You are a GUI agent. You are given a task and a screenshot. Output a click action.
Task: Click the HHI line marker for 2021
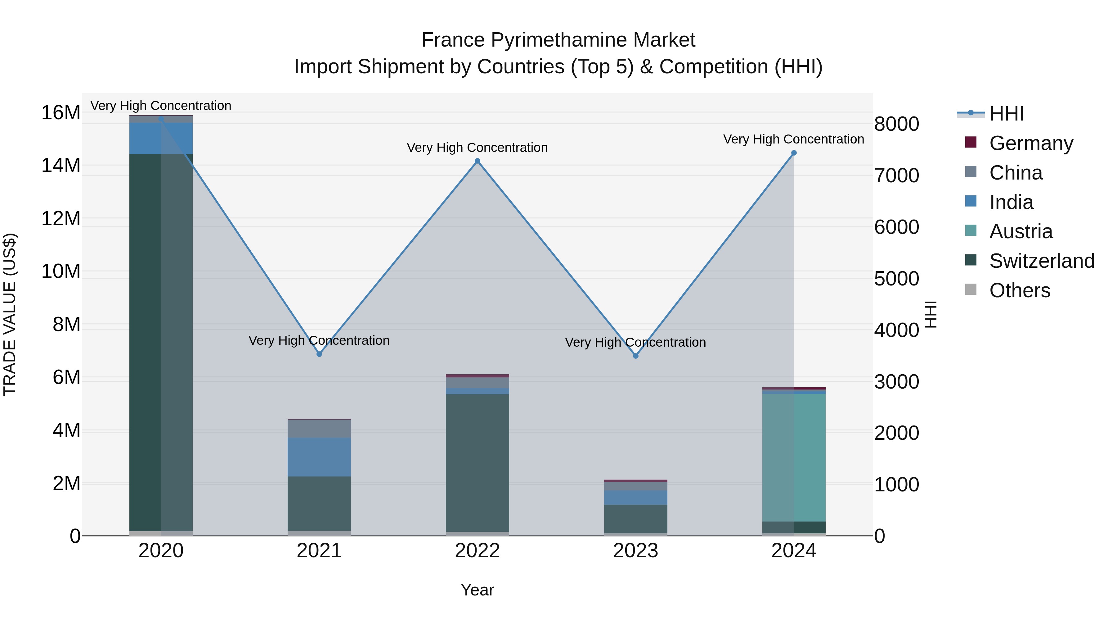(x=319, y=354)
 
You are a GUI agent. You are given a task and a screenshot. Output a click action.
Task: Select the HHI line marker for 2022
(x=478, y=161)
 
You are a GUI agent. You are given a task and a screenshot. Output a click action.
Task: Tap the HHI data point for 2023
(x=636, y=356)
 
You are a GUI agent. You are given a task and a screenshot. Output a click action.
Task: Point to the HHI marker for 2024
(x=794, y=153)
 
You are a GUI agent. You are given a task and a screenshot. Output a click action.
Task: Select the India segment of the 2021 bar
(x=319, y=457)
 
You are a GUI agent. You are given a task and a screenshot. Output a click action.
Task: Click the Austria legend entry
(x=1021, y=231)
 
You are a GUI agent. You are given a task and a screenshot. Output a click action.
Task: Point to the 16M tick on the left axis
(x=61, y=113)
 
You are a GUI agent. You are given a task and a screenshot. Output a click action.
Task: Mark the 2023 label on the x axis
(x=636, y=551)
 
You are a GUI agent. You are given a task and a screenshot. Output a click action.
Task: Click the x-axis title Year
(x=478, y=590)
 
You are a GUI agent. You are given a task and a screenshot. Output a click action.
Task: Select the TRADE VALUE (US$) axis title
(x=10, y=314)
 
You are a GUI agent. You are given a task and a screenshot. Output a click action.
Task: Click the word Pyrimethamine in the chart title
(x=558, y=40)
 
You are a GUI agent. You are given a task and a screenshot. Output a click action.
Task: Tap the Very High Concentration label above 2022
(x=478, y=148)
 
